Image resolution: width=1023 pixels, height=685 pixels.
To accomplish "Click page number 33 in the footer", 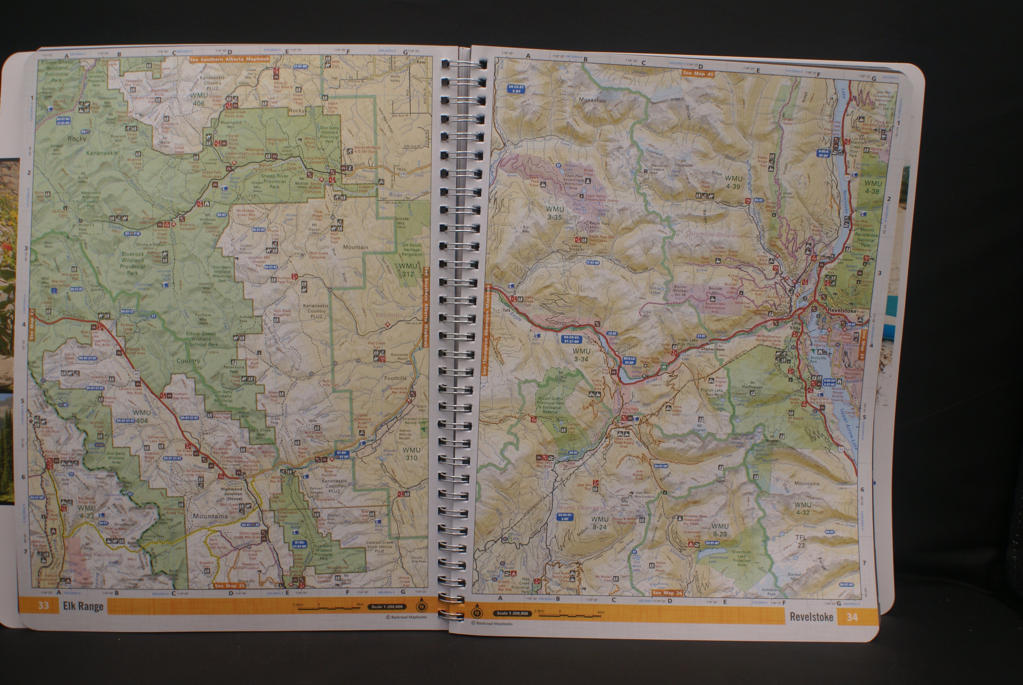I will coord(43,605).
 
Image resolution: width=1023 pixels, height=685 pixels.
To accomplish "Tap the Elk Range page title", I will coord(83,606).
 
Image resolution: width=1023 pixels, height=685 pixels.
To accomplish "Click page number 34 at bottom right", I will coord(852,617).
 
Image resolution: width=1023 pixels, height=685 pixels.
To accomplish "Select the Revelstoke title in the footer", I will coord(811,617).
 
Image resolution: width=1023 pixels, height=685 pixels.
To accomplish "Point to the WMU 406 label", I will coord(198,99).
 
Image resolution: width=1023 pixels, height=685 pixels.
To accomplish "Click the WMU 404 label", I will coord(141,416).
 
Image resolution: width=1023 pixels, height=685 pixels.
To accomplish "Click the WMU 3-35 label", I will coord(555,213).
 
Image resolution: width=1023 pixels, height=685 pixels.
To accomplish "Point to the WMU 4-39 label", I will coord(733,182).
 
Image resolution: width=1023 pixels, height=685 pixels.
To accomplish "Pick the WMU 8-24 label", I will coord(599,523).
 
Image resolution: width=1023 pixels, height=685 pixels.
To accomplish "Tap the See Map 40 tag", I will coord(698,73).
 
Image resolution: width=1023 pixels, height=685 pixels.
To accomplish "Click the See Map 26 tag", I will coord(667,593).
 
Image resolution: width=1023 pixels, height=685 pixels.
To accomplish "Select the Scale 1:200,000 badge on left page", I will coord(387,606).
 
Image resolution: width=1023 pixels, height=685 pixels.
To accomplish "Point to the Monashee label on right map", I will coord(592,100).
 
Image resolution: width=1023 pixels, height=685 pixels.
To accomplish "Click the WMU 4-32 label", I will coord(802,508).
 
